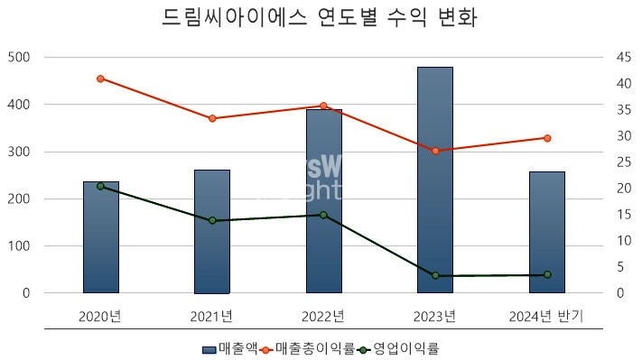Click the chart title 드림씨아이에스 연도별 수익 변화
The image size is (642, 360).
coord(321,17)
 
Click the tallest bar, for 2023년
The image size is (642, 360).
coord(435,180)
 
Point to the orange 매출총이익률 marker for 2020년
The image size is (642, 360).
coord(100,78)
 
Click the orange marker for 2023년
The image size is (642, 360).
coord(435,151)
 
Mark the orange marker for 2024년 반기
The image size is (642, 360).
coord(547,138)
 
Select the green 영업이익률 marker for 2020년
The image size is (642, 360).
coord(100,186)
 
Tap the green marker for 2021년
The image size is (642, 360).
coord(212,220)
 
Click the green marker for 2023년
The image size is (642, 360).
coord(435,275)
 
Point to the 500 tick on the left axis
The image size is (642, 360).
coord(18,57)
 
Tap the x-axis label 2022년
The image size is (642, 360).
coord(324,316)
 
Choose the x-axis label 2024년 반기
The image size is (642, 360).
coord(546,316)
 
